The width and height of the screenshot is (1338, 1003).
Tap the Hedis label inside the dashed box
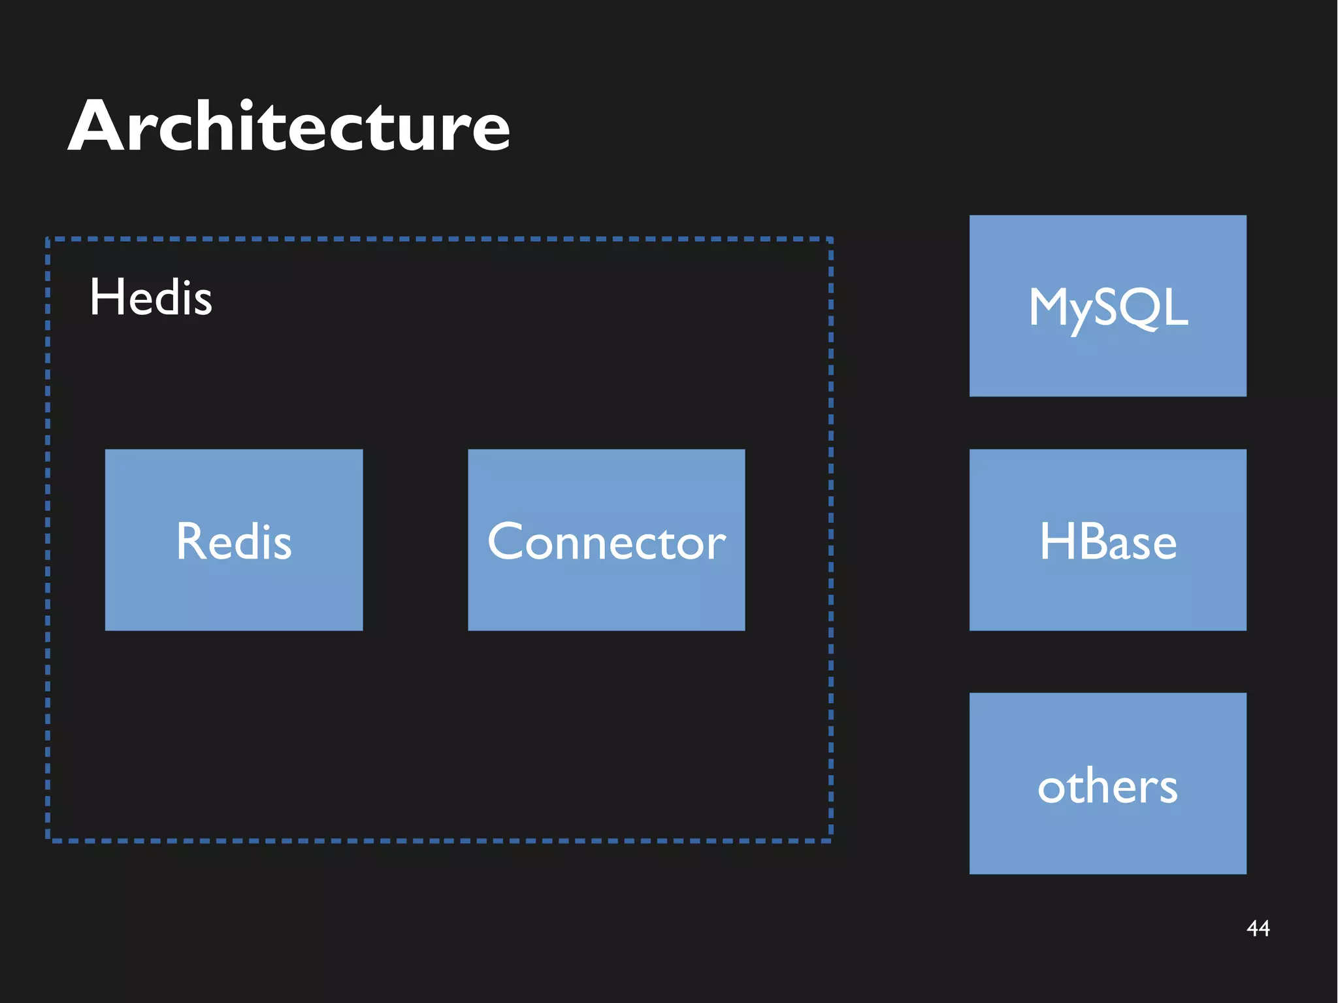point(151,297)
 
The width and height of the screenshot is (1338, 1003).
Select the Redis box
point(234,540)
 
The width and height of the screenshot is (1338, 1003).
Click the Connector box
point(606,540)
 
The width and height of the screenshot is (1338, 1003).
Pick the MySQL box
point(1107,306)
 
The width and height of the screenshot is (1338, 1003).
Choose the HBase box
point(1107,540)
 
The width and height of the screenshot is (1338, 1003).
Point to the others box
point(1107,783)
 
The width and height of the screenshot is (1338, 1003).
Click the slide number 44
point(1258,928)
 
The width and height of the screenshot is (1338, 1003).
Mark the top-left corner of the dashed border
point(48,240)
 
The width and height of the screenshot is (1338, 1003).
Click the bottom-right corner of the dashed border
point(830,840)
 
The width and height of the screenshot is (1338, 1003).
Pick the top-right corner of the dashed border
point(830,240)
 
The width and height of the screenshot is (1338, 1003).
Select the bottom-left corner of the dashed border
point(48,840)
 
